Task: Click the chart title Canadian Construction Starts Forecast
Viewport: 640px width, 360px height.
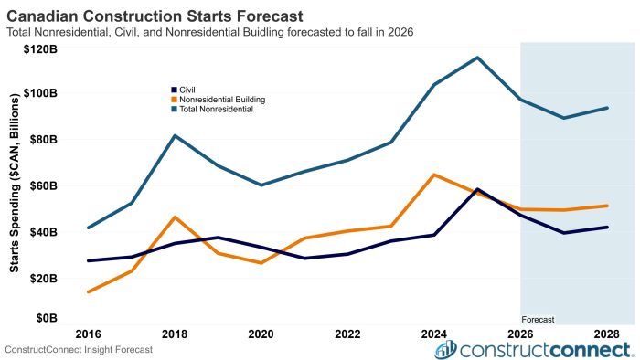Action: tap(155, 16)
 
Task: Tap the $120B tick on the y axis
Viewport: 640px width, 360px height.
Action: tap(40, 49)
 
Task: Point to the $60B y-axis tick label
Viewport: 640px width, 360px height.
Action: tap(43, 185)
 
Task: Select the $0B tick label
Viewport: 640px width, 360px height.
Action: tap(47, 318)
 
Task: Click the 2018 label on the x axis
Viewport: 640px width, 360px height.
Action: tap(175, 334)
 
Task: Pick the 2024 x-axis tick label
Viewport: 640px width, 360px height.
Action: tap(434, 334)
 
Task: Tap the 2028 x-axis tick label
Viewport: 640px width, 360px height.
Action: tap(607, 334)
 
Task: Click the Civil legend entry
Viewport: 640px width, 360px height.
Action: tap(183, 90)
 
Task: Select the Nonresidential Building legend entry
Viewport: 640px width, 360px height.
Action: tap(219, 100)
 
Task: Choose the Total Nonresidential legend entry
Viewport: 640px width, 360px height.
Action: tap(212, 110)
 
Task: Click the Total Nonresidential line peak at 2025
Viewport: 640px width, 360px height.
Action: tap(477, 58)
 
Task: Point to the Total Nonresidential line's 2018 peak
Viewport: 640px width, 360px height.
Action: tap(175, 135)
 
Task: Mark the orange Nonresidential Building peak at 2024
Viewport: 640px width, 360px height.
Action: tap(434, 175)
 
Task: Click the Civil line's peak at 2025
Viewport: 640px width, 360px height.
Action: tap(477, 189)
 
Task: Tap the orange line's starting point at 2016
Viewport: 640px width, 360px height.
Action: tap(89, 291)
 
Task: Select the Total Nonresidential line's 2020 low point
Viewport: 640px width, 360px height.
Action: tap(261, 185)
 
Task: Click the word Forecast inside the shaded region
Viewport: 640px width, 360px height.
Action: tap(538, 320)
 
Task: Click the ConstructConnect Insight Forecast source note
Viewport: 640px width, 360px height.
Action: tap(79, 350)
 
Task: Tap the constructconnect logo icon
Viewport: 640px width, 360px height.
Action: tap(445, 349)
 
